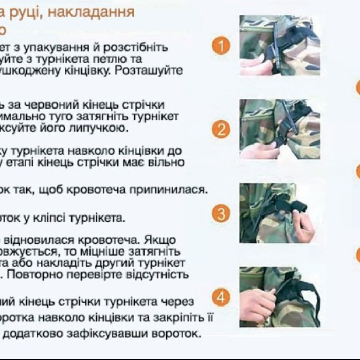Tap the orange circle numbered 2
click(221, 129)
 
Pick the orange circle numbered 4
click(221, 297)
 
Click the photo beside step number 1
click(279, 45)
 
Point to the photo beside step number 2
click(279, 129)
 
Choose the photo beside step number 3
click(279, 213)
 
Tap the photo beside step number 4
click(279, 297)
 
